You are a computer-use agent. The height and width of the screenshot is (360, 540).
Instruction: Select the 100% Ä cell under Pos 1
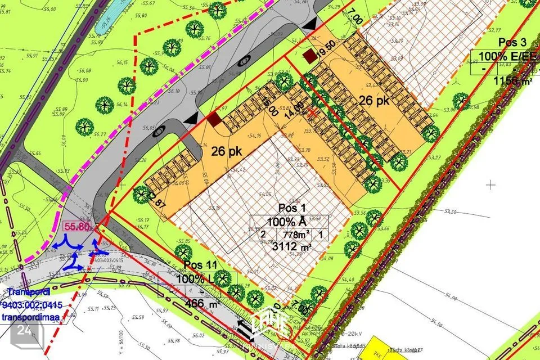290,222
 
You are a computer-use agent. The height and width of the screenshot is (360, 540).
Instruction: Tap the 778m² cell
295,234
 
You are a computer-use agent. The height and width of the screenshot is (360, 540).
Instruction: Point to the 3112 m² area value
290,246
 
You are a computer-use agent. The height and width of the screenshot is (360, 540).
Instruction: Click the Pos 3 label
512,43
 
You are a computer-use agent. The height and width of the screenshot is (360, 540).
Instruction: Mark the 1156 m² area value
512,80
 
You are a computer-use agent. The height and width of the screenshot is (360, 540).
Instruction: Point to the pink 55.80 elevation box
78,227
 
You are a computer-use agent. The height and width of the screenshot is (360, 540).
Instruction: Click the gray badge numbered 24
24,330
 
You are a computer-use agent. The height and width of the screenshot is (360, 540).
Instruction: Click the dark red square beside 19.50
309,56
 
